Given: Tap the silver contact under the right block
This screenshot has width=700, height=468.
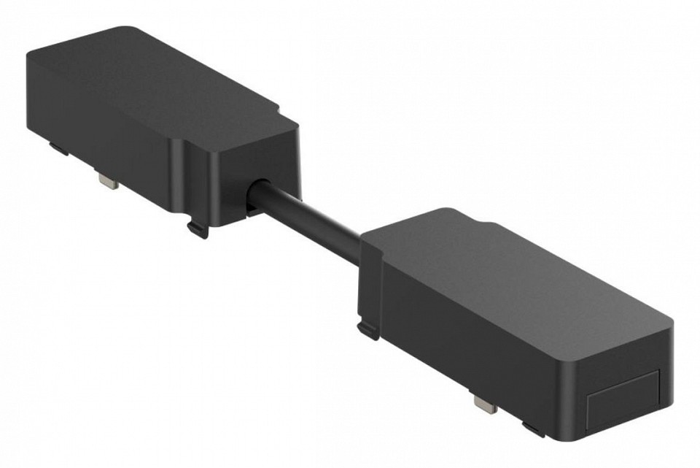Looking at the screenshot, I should coord(483,402).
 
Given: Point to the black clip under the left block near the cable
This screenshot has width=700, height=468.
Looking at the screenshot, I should coord(198,228).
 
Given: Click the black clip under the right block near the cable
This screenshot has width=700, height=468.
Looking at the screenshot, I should coord(368,329).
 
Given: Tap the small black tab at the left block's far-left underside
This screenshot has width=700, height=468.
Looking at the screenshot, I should coord(58,147).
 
